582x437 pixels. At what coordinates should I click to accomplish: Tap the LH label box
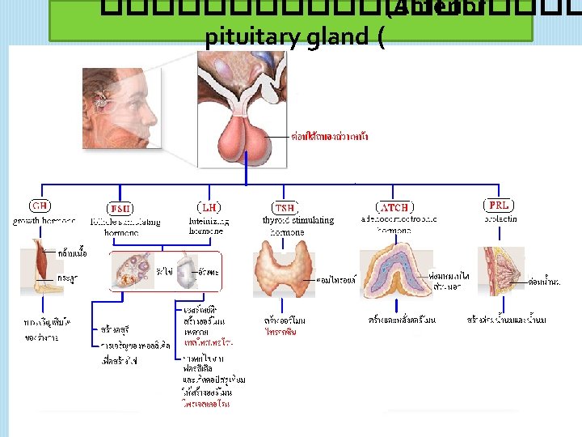[207, 207]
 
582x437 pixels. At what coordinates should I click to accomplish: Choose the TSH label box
[285, 207]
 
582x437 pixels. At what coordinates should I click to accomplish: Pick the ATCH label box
[394, 207]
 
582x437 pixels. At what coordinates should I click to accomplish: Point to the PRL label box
[499, 206]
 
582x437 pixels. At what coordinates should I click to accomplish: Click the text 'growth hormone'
[44, 220]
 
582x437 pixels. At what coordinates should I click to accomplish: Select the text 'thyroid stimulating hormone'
[297, 226]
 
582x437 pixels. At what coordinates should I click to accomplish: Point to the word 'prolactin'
[500, 219]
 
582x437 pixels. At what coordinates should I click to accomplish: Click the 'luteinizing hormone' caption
[208, 226]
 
